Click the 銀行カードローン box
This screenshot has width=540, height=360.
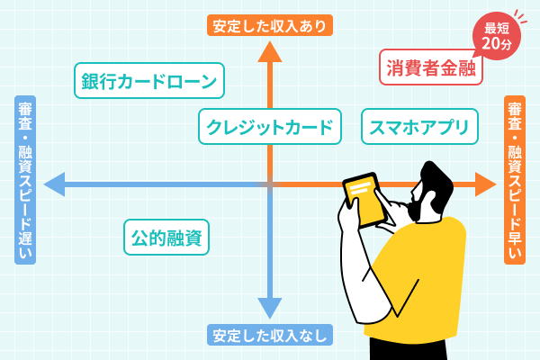(148, 83)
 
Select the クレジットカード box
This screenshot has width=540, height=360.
(270, 127)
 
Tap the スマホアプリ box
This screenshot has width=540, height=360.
(418, 127)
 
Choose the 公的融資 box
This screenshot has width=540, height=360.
(166, 238)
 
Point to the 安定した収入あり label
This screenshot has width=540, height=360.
(270, 24)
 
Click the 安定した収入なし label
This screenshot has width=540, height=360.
(270, 336)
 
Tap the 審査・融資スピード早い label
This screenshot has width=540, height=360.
(515, 180)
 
